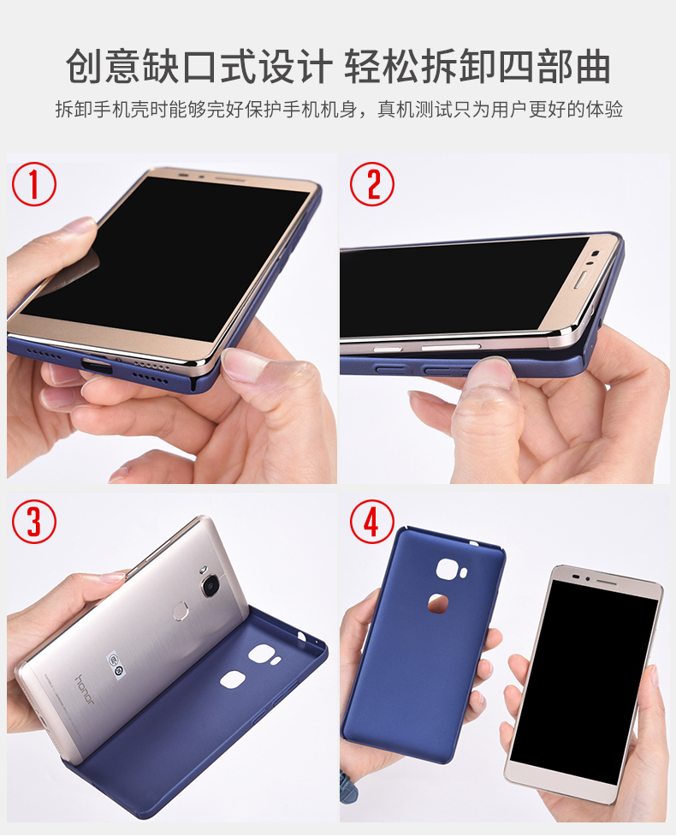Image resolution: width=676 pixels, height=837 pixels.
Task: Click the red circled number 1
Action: point(34,184)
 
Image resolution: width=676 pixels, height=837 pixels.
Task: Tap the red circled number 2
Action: point(372,184)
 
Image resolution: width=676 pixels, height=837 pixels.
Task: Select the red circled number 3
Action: point(34,522)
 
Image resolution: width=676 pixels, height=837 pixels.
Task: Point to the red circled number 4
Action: point(372,522)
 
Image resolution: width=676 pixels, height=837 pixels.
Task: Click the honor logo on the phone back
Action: point(85,690)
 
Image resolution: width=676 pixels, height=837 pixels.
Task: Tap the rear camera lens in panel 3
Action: point(210,586)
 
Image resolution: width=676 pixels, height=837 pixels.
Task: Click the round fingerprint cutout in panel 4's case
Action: point(438,603)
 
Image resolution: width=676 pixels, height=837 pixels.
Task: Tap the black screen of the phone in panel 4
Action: point(584,671)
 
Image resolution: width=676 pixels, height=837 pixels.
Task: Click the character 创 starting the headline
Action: point(85,66)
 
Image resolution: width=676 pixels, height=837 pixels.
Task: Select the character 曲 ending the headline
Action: point(592,66)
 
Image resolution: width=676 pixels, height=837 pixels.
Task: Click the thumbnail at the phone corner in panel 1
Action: point(243,364)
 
